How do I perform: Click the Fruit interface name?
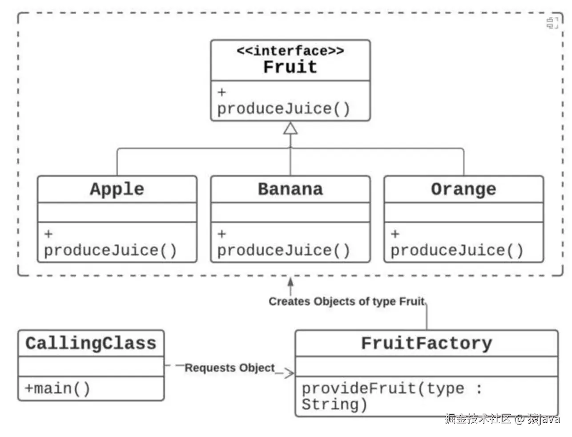290,67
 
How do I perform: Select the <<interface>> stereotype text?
290,51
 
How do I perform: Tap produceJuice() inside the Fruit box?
283,109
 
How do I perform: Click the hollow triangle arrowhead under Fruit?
290,129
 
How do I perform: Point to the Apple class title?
117,189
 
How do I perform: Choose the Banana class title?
290,189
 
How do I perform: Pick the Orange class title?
463,189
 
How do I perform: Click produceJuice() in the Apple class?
110,250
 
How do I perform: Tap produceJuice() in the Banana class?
283,250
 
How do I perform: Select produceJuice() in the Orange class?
457,250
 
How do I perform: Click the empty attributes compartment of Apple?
117,213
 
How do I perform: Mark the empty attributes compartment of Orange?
463,213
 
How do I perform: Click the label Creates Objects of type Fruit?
346,301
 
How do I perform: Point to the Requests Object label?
230,368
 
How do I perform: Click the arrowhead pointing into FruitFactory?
290,373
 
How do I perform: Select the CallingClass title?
91,343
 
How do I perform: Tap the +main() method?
57,388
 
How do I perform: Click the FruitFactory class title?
426,343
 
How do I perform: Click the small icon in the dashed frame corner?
552,23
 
